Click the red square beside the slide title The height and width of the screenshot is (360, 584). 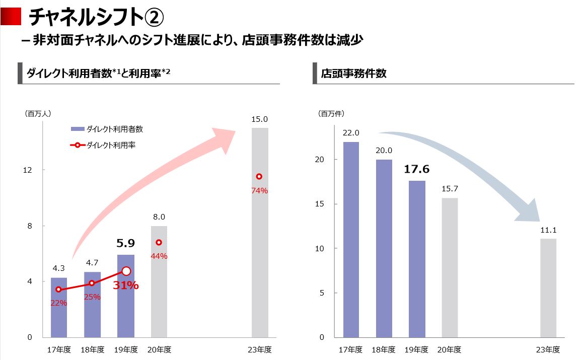tap(11, 17)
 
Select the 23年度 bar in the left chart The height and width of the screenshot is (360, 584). tap(260, 232)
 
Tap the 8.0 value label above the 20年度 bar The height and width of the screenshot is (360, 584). tap(159, 217)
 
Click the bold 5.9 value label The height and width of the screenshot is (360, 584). tap(125, 244)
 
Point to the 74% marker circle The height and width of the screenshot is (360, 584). tap(259, 177)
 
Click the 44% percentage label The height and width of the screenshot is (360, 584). tap(159, 256)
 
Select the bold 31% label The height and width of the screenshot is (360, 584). tap(125, 285)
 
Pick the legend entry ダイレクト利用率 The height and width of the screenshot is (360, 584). tap(111, 146)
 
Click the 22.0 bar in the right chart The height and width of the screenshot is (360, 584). tap(351, 239)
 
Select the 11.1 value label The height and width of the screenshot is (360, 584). tap(548, 230)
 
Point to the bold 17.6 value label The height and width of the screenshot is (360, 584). tap(416, 169)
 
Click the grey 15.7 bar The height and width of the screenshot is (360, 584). tap(450, 267)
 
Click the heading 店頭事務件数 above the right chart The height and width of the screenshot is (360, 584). tap(354, 73)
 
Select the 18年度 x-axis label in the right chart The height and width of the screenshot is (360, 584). tap(384, 349)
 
